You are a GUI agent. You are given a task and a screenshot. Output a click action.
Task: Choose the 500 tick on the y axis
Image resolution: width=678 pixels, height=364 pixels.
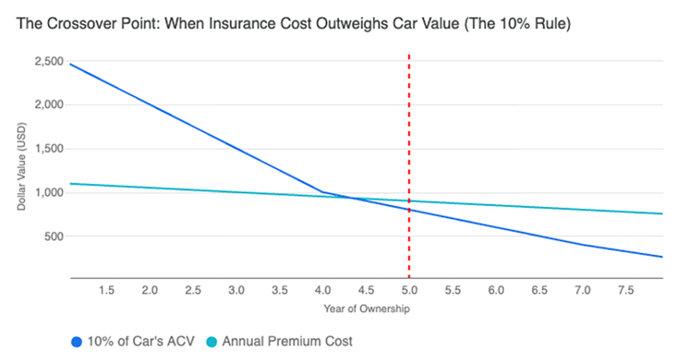pyautogui.click(x=54, y=236)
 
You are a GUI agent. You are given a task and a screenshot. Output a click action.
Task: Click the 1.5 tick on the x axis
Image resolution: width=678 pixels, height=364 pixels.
pyautogui.click(x=106, y=290)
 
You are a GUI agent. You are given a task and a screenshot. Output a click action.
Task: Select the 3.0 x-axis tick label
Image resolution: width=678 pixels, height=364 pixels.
pyautogui.click(x=236, y=290)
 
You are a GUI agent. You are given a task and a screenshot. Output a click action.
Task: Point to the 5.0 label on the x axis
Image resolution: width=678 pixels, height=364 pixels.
pyautogui.click(x=409, y=290)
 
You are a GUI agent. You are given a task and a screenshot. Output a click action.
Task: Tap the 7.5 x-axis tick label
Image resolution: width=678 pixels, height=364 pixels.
pyautogui.click(x=626, y=290)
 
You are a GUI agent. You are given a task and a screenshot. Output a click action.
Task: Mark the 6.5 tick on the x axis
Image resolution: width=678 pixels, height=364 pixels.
pyautogui.click(x=539, y=290)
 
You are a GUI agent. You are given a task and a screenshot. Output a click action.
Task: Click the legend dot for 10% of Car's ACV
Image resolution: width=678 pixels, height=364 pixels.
pyautogui.click(x=77, y=342)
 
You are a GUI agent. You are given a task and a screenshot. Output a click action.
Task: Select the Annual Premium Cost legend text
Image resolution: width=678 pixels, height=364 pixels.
pyautogui.click(x=287, y=342)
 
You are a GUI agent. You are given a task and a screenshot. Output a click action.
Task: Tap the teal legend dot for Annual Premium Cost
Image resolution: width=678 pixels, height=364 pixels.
pyautogui.click(x=211, y=342)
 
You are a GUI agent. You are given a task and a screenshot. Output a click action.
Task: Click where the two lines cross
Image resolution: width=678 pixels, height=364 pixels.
pyautogui.click(x=349, y=197)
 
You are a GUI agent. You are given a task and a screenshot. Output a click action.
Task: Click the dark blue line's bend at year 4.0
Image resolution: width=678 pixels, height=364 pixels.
pyautogui.click(x=322, y=192)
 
